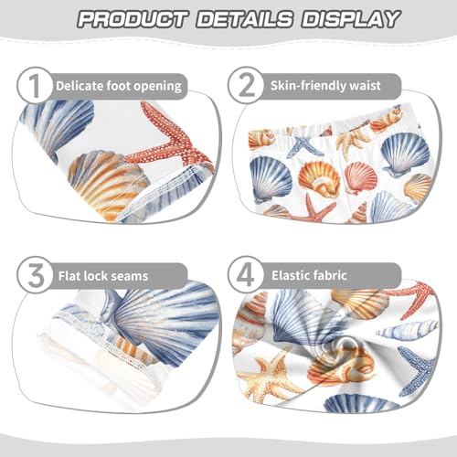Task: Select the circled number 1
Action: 33,87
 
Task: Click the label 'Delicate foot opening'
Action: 119,87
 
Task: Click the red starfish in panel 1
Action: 165,146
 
